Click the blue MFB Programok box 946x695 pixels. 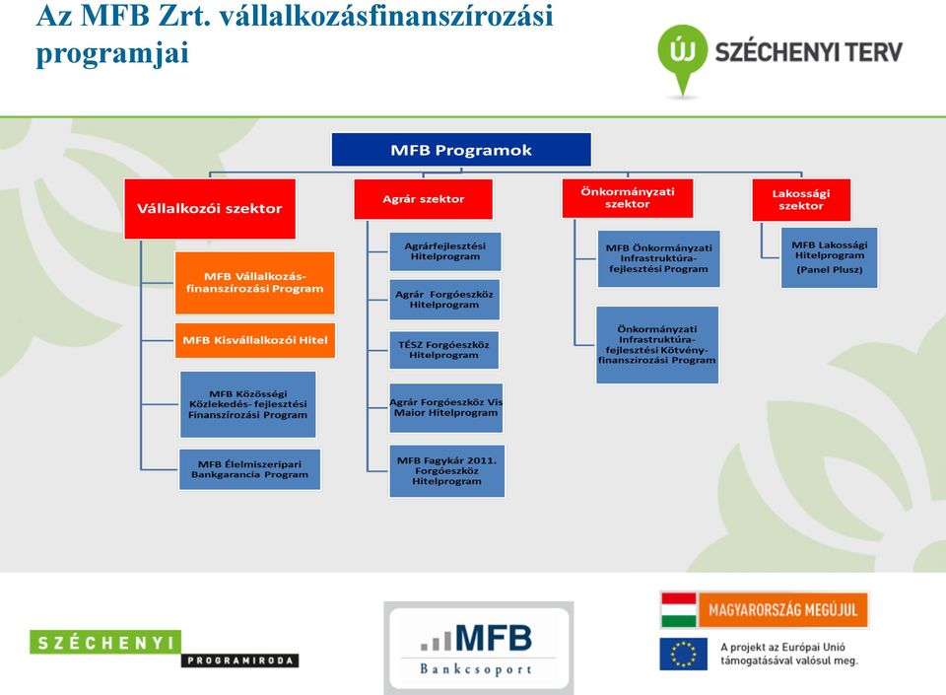click(x=461, y=150)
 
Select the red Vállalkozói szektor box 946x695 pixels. click(x=210, y=209)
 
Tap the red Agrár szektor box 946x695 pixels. click(x=423, y=199)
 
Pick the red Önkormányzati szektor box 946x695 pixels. click(x=628, y=198)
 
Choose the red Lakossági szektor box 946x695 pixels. click(x=801, y=200)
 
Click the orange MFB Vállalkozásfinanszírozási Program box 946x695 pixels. click(x=254, y=283)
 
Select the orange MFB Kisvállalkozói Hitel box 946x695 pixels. click(x=254, y=340)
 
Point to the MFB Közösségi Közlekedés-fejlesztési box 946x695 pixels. click(x=248, y=404)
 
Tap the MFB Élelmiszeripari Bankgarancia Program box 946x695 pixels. click(x=249, y=469)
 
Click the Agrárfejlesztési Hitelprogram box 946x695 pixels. click(x=445, y=251)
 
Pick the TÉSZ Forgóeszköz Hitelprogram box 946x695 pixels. click(x=444, y=350)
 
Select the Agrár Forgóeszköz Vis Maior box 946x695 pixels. click(x=446, y=408)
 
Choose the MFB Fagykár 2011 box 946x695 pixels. click(x=447, y=471)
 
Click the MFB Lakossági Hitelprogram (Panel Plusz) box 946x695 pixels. click(x=830, y=257)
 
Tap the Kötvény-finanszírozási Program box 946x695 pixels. click(x=657, y=345)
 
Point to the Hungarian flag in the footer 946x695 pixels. click(x=679, y=610)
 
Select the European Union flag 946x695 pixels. click(x=683, y=654)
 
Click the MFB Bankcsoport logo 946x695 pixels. click(x=479, y=648)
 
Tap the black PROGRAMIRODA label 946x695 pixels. click(x=240, y=660)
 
